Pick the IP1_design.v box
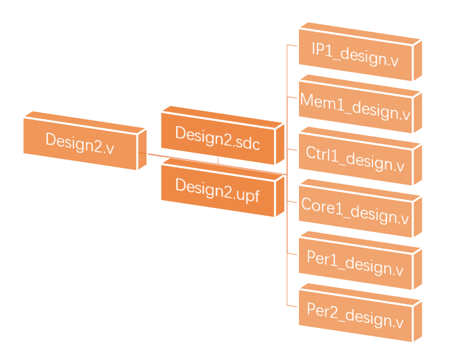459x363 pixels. (355, 52)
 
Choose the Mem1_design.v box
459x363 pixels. (355, 104)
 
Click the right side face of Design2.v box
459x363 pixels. (142, 149)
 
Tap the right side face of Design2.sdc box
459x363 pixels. (280, 143)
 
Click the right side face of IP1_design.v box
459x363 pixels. (417, 60)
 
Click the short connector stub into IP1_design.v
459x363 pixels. (292, 46)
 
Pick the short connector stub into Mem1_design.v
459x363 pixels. (292, 98)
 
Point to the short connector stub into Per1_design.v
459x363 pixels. (292, 254)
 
